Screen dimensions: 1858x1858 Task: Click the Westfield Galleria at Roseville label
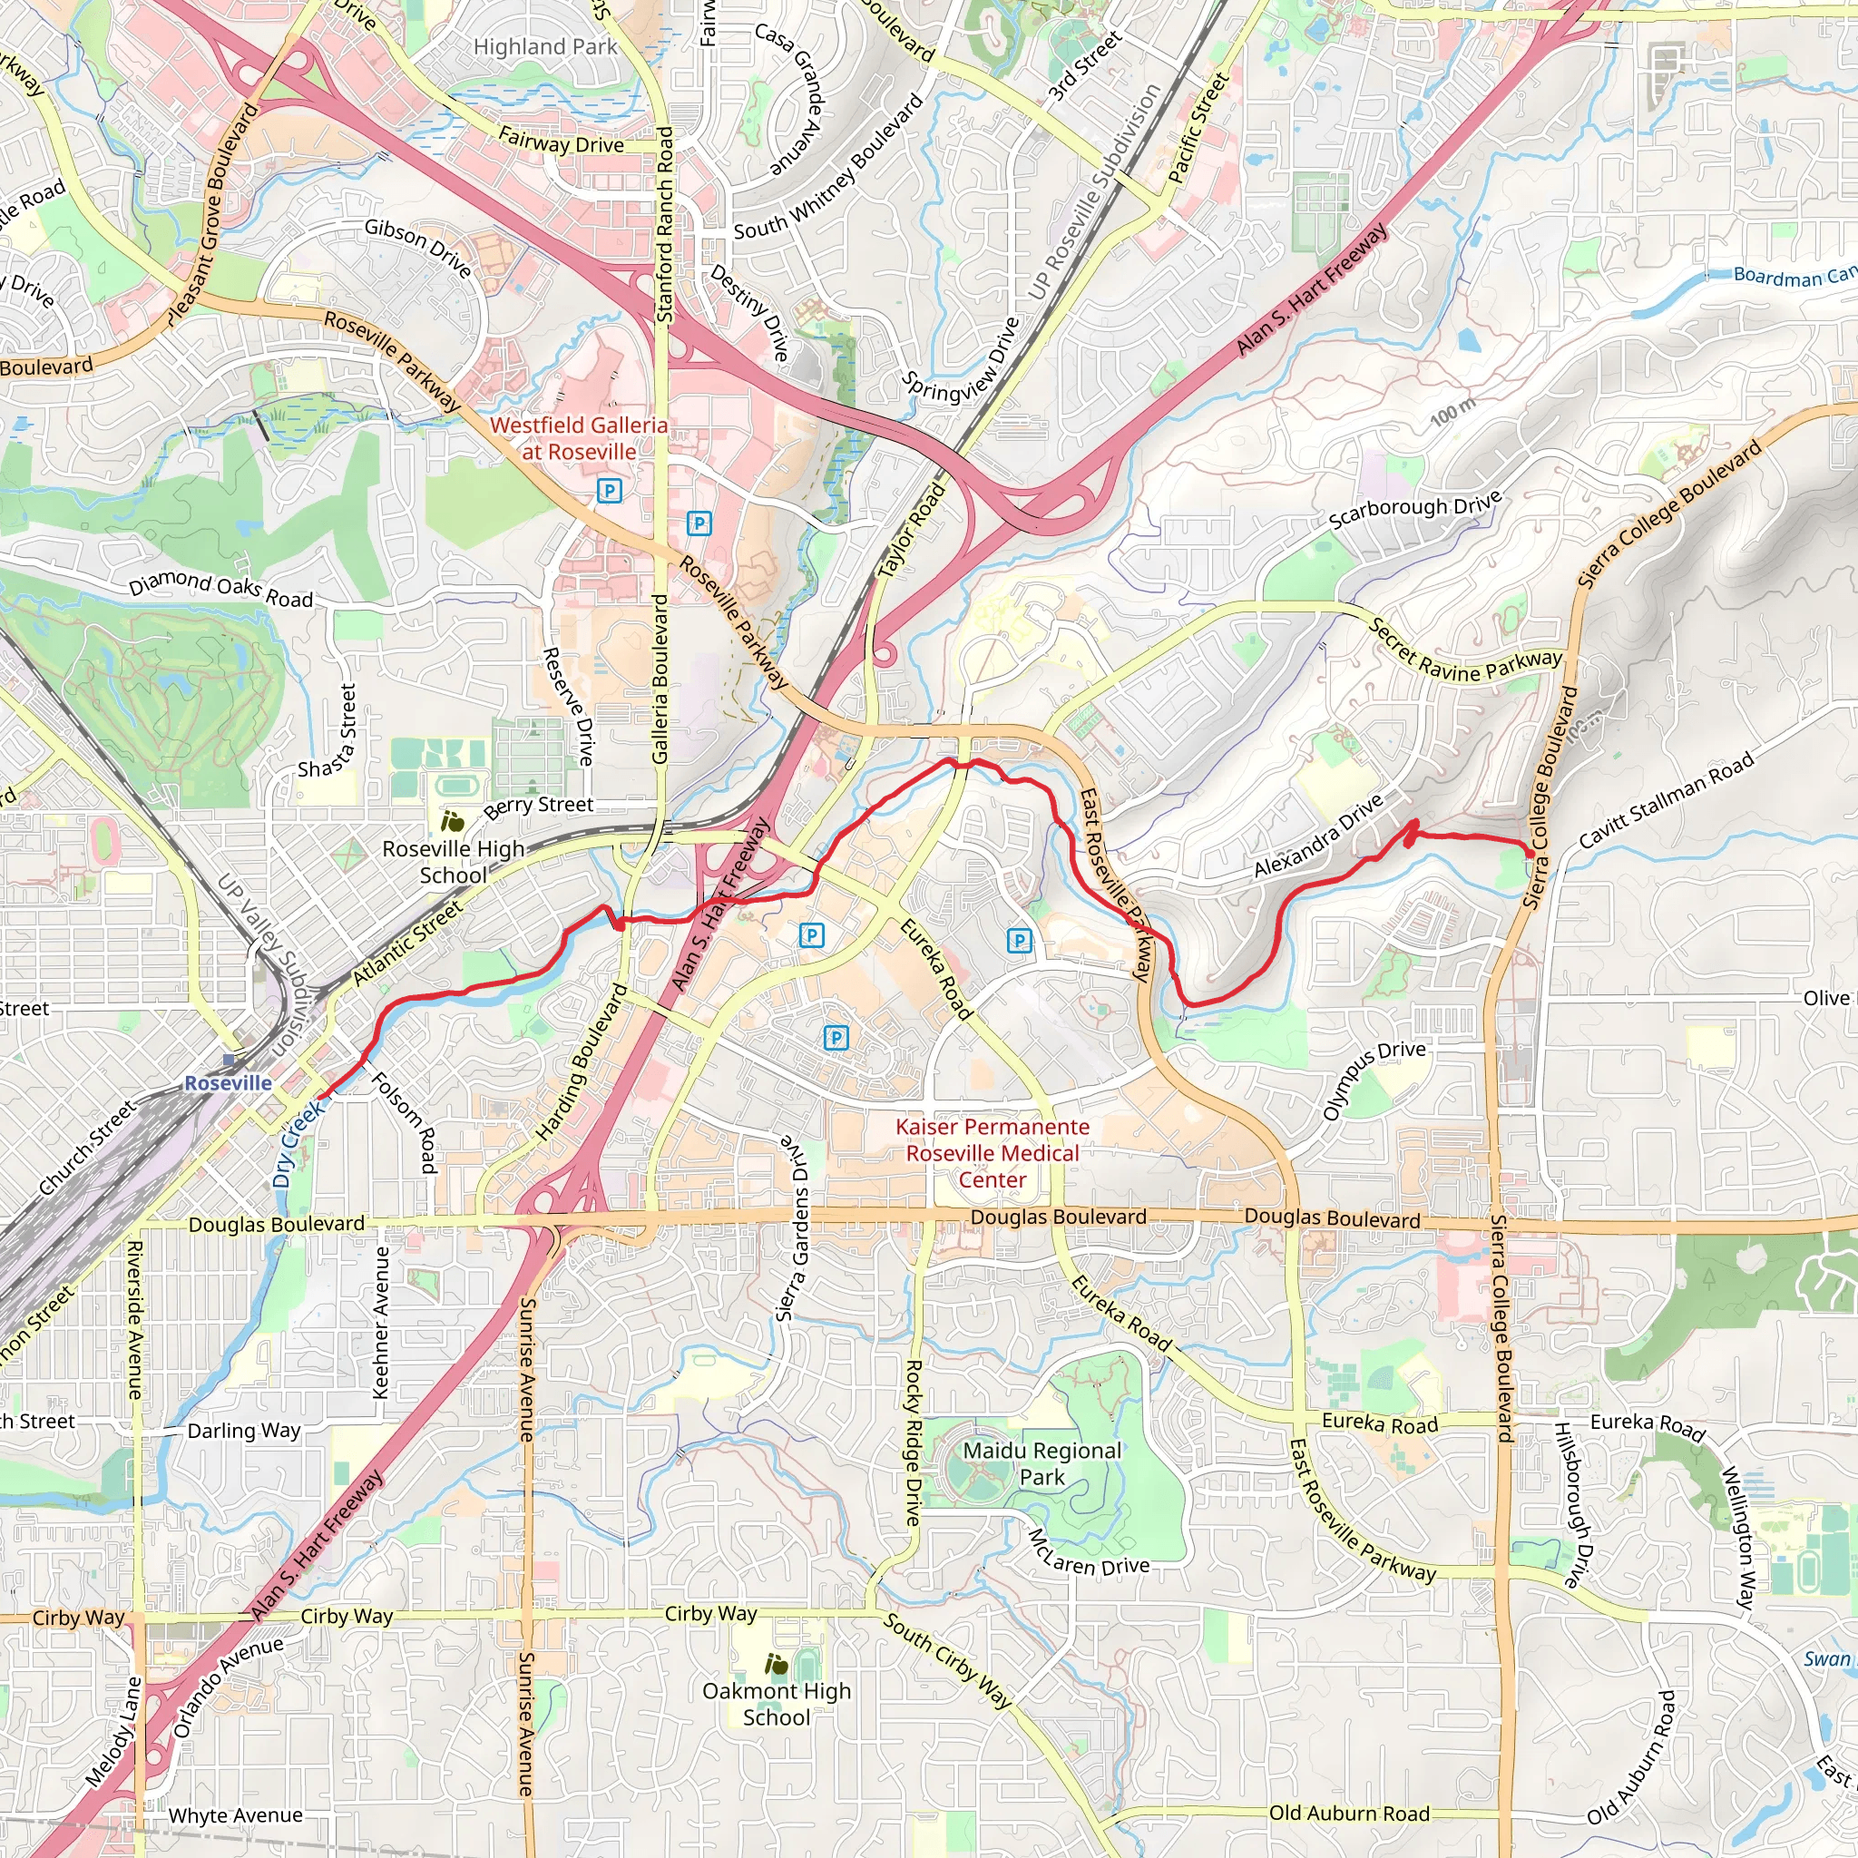579,438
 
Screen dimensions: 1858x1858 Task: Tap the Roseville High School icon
453,821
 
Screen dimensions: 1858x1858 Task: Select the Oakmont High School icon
776,1664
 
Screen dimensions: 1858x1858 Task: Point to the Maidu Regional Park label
1042,1462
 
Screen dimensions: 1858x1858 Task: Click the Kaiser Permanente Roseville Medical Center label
993,1153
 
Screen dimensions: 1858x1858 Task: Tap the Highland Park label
545,46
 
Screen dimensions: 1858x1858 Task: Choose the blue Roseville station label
228,1083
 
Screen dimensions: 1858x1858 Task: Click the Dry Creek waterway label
298,1144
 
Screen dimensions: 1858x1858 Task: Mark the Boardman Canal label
1793,277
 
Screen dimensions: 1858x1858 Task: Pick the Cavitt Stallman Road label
1667,802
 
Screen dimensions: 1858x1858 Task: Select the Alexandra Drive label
1317,836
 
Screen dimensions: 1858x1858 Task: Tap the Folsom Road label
405,1122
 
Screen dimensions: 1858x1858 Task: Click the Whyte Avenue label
236,1814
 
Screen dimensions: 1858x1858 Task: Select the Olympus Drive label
1374,1080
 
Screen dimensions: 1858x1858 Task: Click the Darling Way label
243,1430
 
